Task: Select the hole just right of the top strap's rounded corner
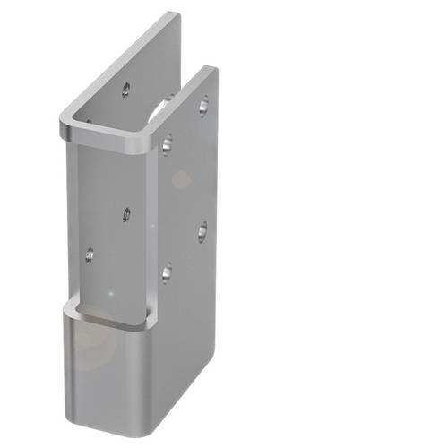pyautogui.click(x=167, y=140)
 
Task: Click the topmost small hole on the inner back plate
pyautogui.click(x=125, y=89)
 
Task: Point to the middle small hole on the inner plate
pyautogui.click(x=126, y=214)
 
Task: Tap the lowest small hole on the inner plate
pyautogui.click(x=89, y=255)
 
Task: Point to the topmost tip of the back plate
pyautogui.click(x=172, y=13)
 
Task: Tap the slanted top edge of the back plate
pyautogui.click(x=116, y=63)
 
